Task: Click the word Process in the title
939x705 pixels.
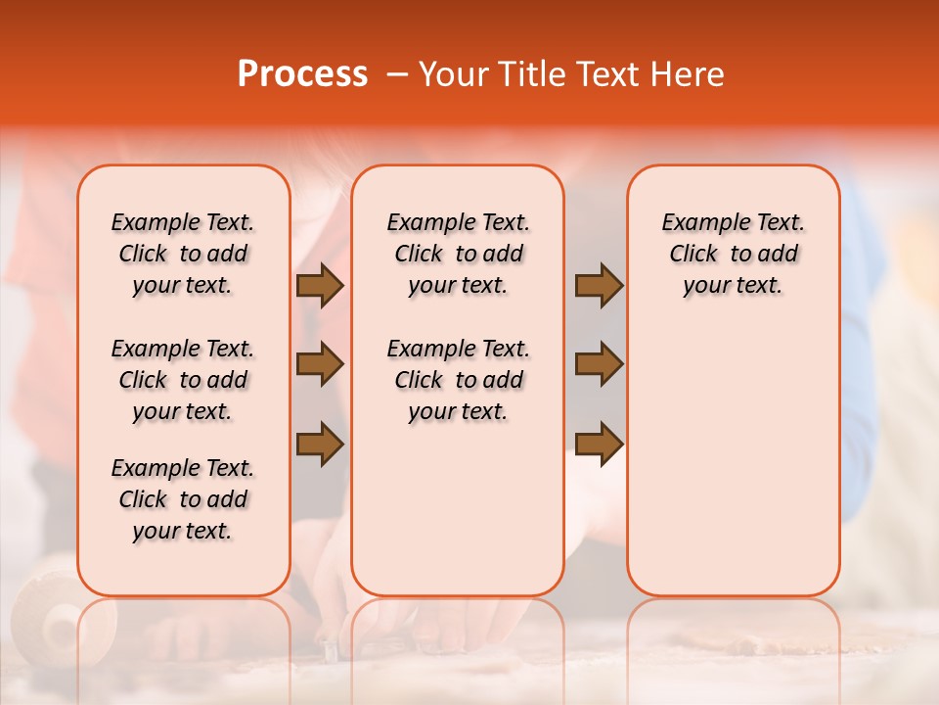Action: click(x=302, y=74)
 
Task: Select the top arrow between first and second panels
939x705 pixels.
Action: click(x=320, y=286)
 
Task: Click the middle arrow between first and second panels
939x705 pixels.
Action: click(x=320, y=364)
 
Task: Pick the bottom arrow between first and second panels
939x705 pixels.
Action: click(x=320, y=444)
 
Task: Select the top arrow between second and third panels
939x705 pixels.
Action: click(x=599, y=286)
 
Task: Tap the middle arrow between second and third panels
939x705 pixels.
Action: click(x=599, y=364)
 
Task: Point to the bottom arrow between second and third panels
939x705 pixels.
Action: click(x=599, y=444)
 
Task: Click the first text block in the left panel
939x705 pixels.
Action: click(x=183, y=254)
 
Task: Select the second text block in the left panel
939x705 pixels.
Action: click(x=183, y=380)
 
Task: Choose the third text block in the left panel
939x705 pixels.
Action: click(x=183, y=499)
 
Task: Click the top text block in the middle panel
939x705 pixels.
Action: click(x=458, y=254)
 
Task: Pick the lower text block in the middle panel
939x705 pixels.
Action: click(x=458, y=380)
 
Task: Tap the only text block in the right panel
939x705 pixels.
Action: click(x=733, y=254)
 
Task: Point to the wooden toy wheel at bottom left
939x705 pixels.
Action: click(x=59, y=617)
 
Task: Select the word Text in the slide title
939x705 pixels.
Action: click(x=610, y=74)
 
